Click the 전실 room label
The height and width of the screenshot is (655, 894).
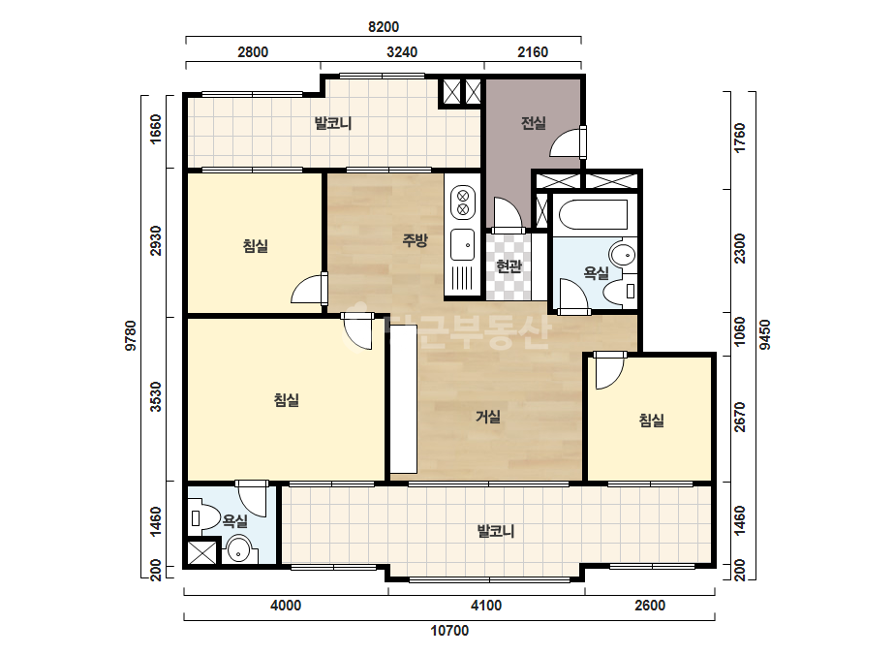tap(534, 123)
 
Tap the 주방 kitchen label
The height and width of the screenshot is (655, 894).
tap(415, 240)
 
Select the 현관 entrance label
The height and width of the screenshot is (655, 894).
tap(509, 265)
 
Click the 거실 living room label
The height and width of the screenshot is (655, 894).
tap(488, 417)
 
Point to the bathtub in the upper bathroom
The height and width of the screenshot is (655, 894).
tap(593, 213)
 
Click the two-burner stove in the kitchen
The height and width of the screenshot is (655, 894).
tap(463, 203)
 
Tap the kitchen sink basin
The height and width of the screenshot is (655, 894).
tap(462, 245)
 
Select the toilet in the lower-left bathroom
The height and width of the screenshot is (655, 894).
tap(202, 518)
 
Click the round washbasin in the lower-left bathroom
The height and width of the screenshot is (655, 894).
tap(238, 550)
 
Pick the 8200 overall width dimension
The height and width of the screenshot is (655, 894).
tap(384, 27)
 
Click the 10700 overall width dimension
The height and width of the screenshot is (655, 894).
tap(449, 631)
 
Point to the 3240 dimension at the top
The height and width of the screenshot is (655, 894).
tap(402, 52)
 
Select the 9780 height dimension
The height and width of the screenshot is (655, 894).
tap(131, 335)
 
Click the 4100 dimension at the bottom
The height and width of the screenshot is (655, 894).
tap(486, 606)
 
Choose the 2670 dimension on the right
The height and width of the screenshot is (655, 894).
tap(739, 417)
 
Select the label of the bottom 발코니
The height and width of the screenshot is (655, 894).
tap(496, 531)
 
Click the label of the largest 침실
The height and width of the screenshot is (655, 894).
tap(287, 399)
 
